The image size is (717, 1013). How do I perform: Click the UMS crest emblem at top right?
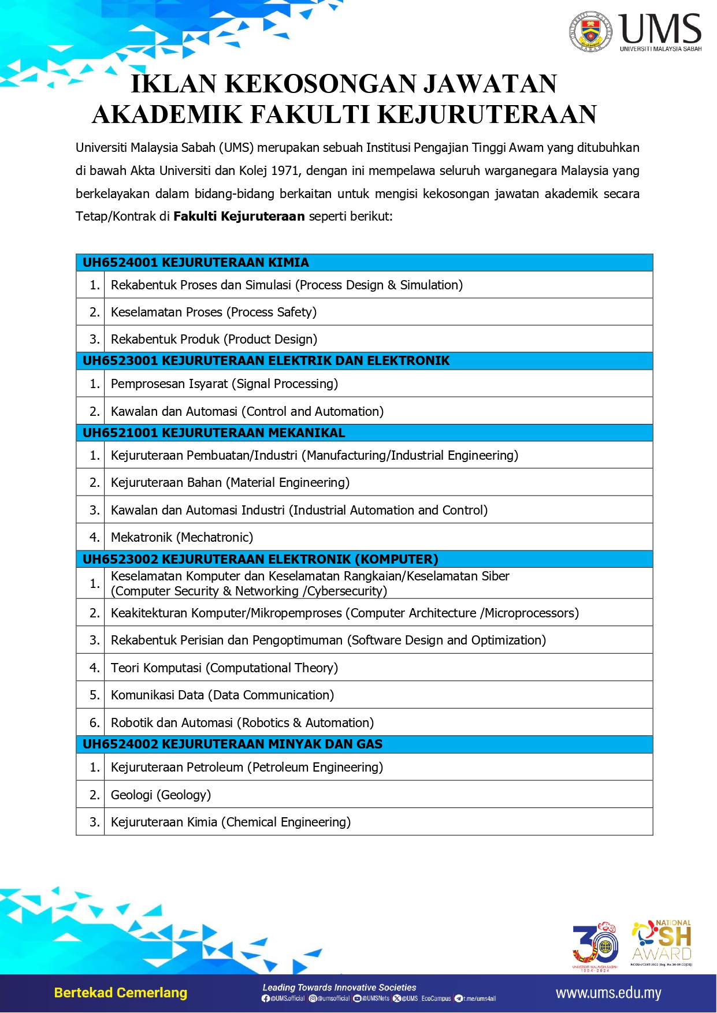point(590,31)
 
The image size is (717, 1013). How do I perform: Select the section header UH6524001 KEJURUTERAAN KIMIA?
point(195,263)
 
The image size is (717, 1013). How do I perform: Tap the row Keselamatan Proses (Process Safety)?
point(214,312)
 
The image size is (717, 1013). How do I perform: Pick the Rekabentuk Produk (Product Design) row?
point(214,340)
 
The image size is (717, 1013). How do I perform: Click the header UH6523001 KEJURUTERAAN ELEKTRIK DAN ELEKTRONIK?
point(266,361)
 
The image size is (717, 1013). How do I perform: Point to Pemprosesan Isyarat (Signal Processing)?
point(224,384)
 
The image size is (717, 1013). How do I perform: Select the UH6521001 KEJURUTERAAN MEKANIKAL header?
point(214,433)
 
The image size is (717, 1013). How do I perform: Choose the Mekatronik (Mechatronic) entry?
point(182,538)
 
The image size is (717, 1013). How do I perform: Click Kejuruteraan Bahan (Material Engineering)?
point(230,483)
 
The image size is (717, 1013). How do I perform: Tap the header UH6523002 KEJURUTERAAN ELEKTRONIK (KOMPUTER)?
point(260,560)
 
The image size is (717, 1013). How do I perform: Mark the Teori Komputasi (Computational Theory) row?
point(224,668)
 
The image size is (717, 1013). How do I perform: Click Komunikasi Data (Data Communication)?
point(222,695)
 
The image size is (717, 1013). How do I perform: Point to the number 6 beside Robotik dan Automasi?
point(94,723)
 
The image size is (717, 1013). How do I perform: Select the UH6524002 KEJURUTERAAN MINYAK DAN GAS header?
point(232,744)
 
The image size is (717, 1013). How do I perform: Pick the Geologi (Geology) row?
point(161,795)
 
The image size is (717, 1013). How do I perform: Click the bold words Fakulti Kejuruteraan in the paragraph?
point(239,217)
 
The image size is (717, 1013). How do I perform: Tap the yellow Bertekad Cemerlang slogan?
point(121,993)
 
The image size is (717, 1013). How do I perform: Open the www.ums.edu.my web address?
point(608,993)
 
